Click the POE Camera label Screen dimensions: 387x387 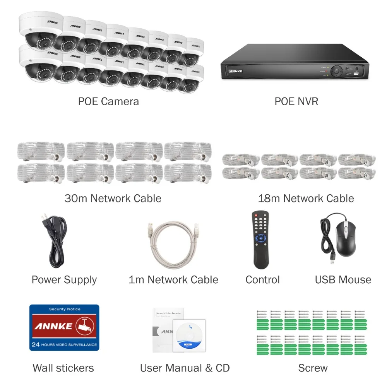(108, 101)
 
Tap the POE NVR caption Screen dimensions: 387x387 (296, 101)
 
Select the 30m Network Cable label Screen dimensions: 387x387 (113, 199)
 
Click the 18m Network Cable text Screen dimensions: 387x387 (306, 199)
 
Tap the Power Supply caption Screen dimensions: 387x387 (64, 280)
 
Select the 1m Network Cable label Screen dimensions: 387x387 (173, 280)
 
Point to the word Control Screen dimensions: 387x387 (262, 280)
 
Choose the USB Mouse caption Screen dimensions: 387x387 (343, 280)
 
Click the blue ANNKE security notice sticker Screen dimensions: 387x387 (64, 327)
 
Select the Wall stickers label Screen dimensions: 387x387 (63, 368)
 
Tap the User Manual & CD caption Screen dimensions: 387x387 (185, 368)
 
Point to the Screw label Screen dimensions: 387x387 (313, 368)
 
